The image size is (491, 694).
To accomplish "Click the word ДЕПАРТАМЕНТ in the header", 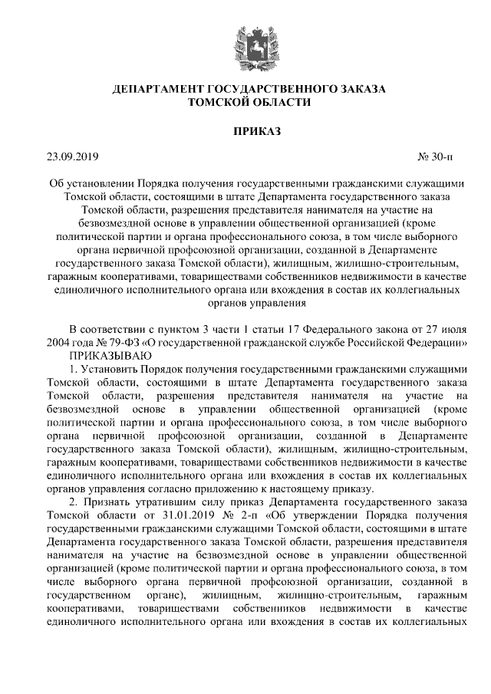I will pyautogui.click(x=157, y=90).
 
